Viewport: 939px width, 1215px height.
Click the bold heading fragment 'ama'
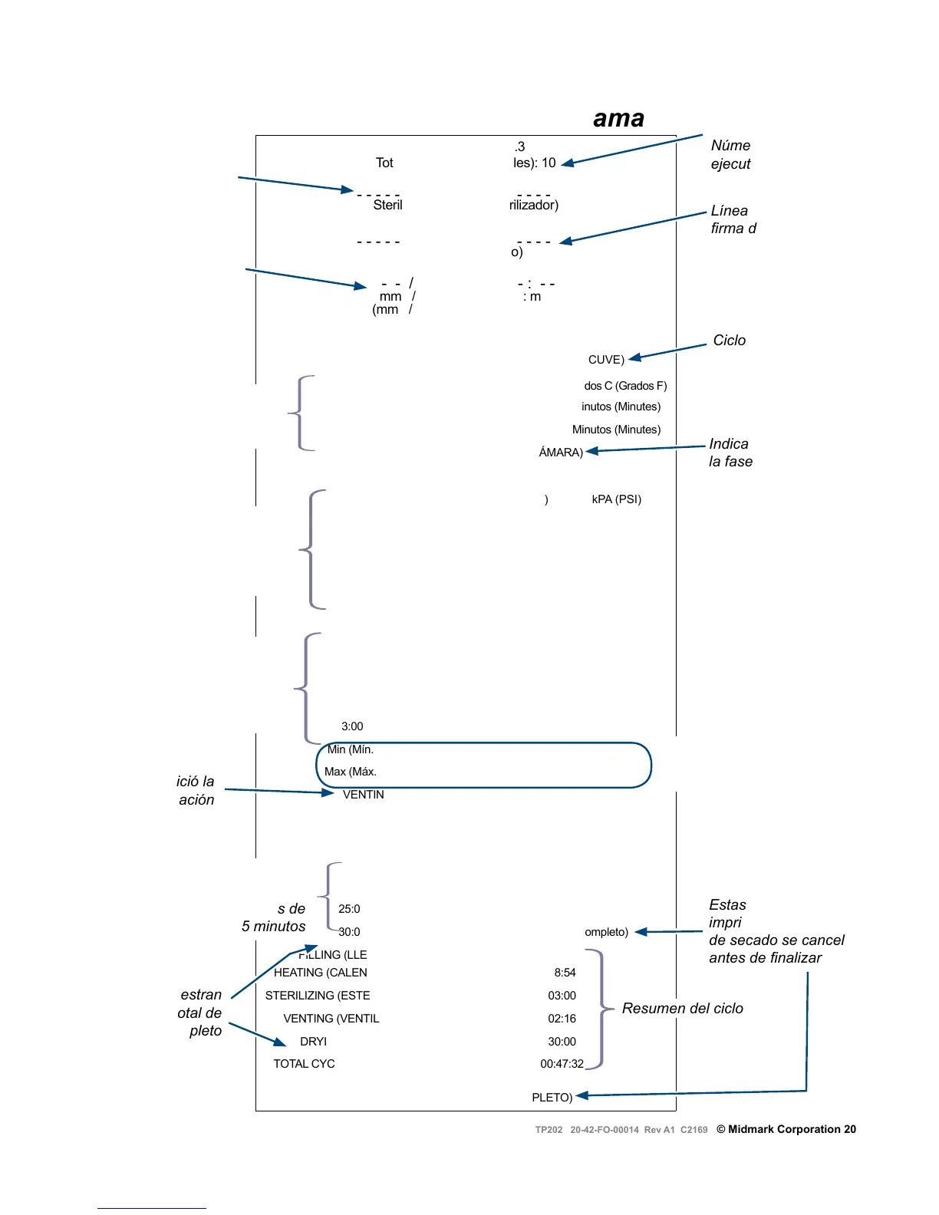coord(618,119)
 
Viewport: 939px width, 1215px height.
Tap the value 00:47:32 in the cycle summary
coord(562,1064)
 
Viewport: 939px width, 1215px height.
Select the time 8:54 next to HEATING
coord(565,973)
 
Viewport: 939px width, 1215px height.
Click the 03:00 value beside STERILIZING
coord(562,996)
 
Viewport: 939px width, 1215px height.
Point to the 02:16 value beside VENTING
coord(562,1019)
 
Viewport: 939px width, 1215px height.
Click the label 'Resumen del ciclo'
coord(682,1009)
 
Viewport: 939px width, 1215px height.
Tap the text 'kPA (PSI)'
coord(616,499)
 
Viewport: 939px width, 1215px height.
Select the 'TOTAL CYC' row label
coord(304,1064)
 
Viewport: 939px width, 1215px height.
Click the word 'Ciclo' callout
coord(729,341)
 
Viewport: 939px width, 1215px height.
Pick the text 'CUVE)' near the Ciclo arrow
coord(606,360)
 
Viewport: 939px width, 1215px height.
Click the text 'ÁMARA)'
coord(561,453)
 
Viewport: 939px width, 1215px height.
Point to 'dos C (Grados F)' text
coord(625,386)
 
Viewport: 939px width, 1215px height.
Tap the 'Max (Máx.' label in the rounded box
coord(350,772)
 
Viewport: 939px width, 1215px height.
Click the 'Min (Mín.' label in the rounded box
coord(350,749)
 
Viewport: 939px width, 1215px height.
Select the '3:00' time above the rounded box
coord(352,726)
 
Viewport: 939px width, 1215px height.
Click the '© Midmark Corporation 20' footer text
coord(786,1129)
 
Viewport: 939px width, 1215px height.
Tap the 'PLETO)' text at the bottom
coord(552,1098)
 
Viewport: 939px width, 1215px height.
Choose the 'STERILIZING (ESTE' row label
coord(318,996)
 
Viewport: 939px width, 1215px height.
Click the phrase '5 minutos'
coord(273,927)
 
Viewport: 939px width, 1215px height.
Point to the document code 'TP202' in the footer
coord(549,1130)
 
